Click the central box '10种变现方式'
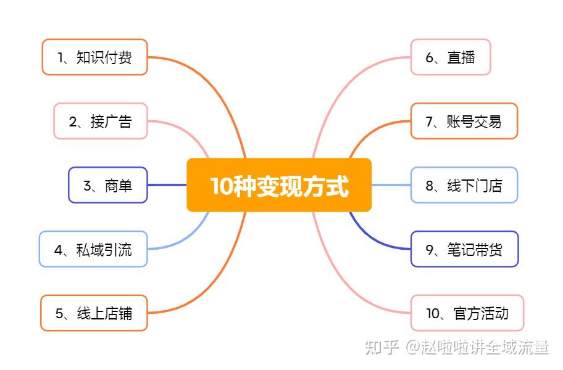[279, 185]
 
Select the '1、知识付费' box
[95, 57]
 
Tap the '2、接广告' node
[101, 121]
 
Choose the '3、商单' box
[107, 185]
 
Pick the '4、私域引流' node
[93, 249]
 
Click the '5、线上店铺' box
[94, 313]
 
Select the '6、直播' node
[451, 57]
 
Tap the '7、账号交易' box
[464, 121]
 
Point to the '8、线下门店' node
[464, 185]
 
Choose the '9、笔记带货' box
[465, 249]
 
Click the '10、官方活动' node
[467, 313]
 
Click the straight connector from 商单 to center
[167, 185]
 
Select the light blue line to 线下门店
[391, 185]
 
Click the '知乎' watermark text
[382, 347]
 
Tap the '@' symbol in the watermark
[413, 347]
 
